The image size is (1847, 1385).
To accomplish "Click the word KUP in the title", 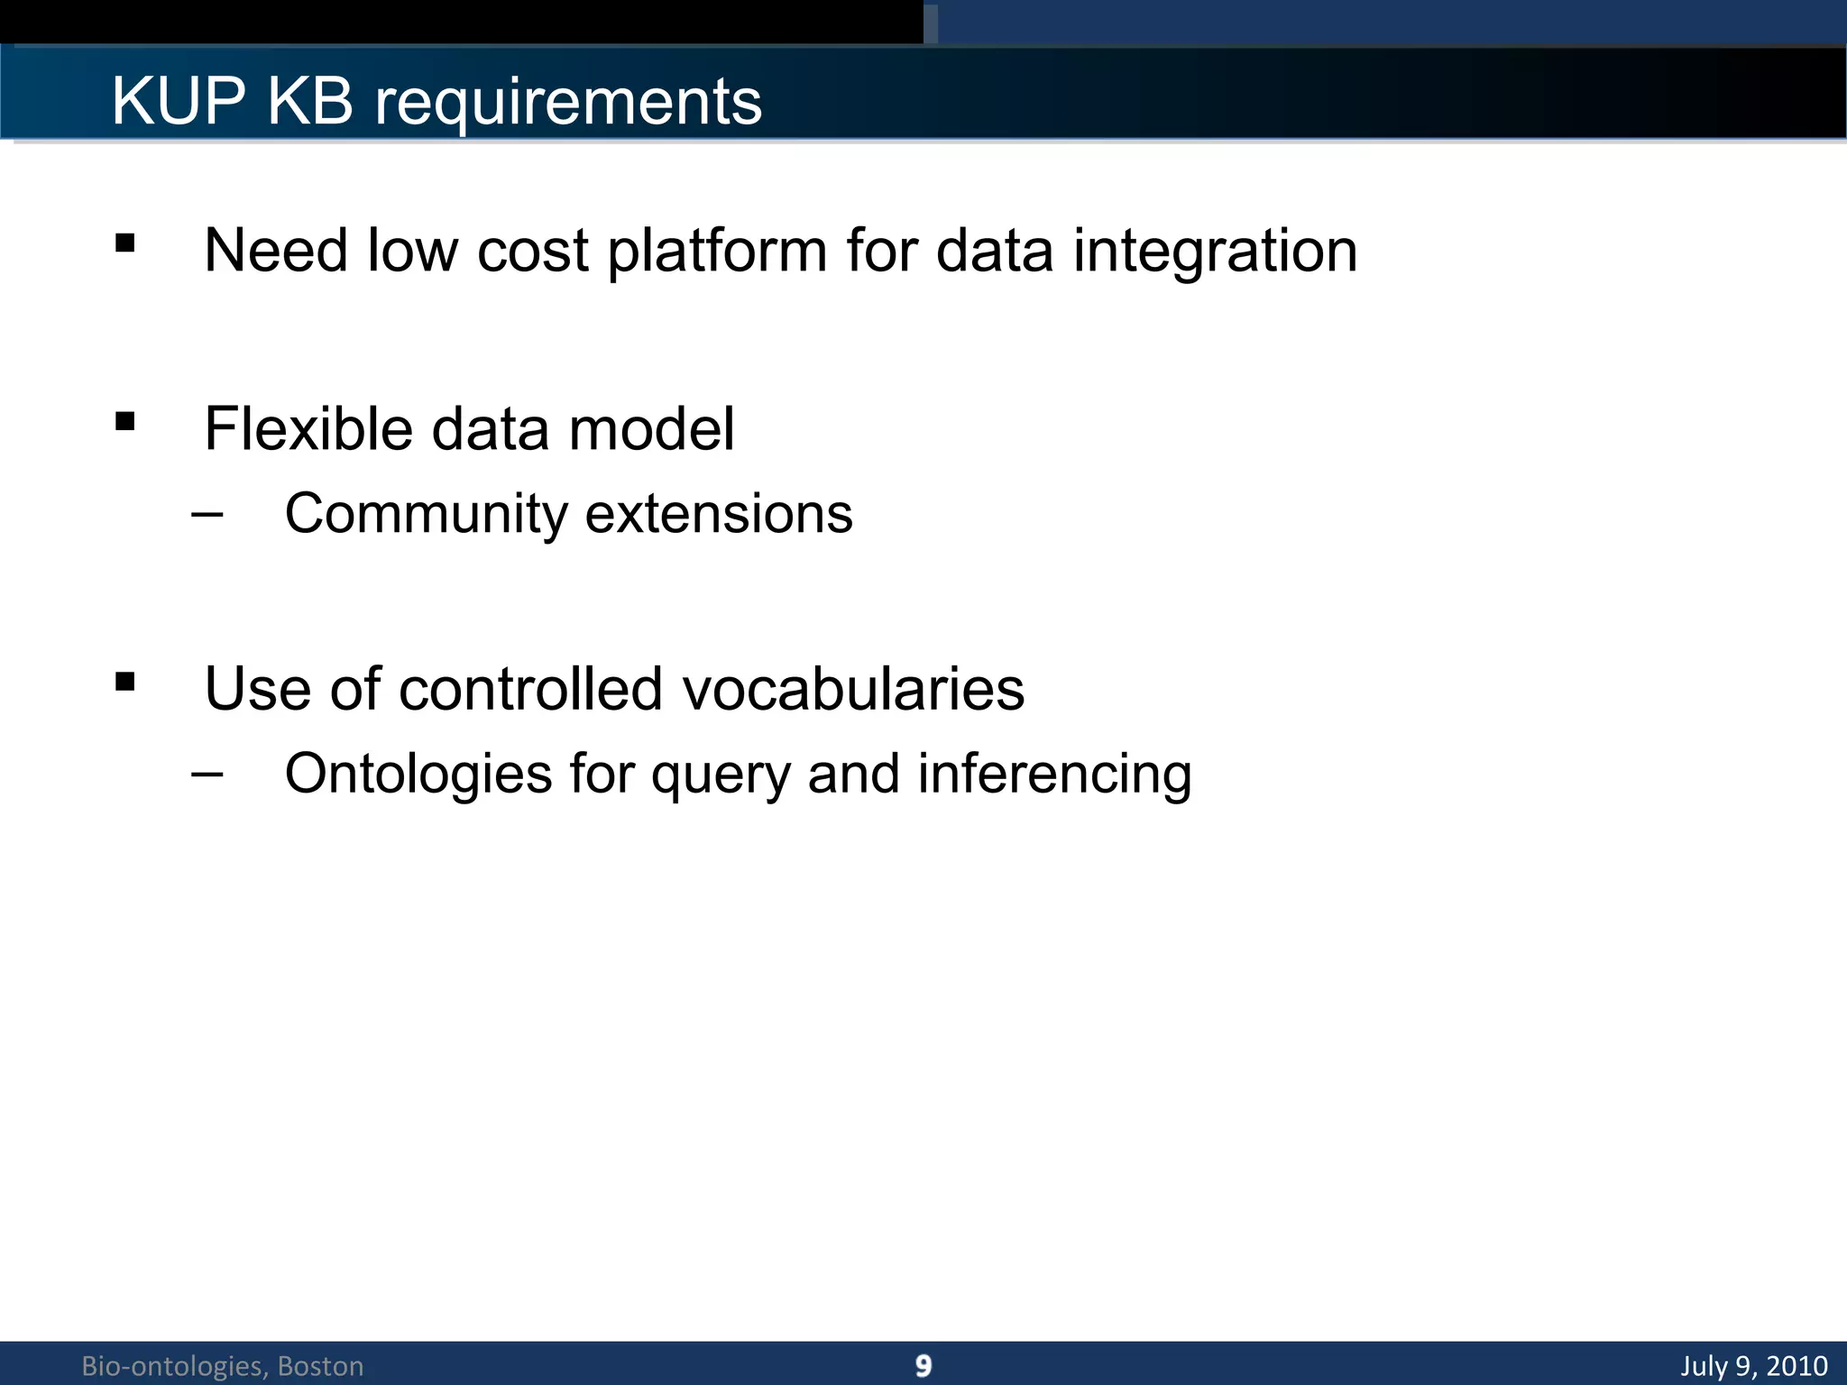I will pos(178,100).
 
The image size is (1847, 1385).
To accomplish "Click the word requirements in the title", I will pos(568,102).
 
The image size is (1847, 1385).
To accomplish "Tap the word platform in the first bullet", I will pos(717,251).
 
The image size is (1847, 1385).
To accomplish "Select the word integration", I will pos(1215,251).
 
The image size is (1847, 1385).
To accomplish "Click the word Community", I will pos(426,515).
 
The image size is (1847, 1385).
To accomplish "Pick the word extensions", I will pos(719,514).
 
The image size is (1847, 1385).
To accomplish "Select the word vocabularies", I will pos(853,689).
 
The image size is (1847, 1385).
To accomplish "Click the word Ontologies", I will pos(418,775).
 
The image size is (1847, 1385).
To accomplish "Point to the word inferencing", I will pos(1054,775).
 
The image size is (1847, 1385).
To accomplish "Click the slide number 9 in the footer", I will pos(923,1365).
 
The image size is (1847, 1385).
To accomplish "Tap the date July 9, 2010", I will pos(1753,1365).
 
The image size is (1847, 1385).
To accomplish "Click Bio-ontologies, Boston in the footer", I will pos(223,1366).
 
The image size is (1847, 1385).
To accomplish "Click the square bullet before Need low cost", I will pos(125,243).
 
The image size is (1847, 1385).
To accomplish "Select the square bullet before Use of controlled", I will pos(125,682).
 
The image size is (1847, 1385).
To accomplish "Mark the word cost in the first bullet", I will pos(532,251).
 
